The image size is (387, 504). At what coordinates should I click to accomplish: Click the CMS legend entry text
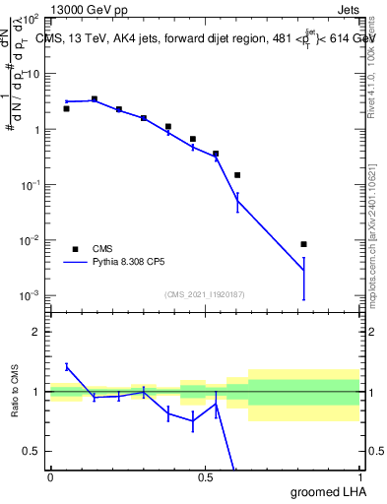103,249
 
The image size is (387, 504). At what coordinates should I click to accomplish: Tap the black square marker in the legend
74,249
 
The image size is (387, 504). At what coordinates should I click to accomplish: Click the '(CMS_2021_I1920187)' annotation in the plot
203,294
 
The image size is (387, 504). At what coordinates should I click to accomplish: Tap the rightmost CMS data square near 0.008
304,244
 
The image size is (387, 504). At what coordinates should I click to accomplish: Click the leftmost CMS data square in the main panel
66,108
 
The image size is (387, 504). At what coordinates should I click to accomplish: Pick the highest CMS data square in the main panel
95,98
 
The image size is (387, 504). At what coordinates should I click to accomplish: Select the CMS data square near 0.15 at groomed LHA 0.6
237,175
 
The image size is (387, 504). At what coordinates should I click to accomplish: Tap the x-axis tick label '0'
50,477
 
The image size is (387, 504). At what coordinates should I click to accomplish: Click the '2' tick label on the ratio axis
36,332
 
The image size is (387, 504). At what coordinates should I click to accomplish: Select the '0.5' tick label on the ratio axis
32,451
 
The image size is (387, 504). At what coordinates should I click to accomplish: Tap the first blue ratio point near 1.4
66,366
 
